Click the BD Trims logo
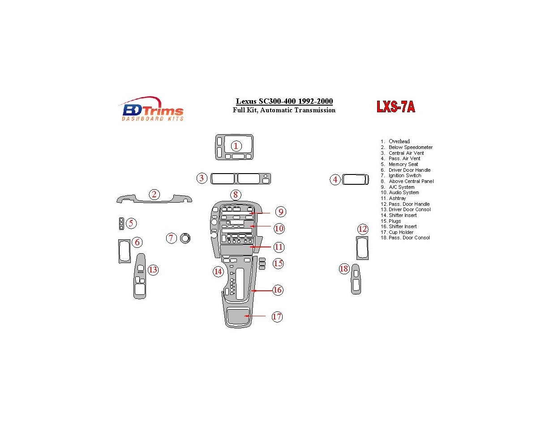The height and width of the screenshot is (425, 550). tap(151, 109)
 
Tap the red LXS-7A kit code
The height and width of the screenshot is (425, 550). tap(395, 107)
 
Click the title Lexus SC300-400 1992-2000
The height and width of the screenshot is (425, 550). tap(284, 102)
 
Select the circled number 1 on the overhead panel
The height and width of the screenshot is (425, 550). tap(236, 146)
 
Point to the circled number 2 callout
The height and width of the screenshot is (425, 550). tap(154, 194)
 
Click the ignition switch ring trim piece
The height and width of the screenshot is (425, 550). tap(185, 238)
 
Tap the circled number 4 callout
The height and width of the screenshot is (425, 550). tap(335, 180)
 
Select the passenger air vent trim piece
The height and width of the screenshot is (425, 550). tap(356, 180)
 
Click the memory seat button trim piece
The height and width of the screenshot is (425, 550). tap(121, 224)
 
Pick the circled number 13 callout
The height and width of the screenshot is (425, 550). tap(153, 270)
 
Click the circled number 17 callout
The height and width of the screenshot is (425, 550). tap(277, 317)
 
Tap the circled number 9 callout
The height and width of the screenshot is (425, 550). tap(280, 212)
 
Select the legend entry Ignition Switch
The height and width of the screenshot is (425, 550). tap(404, 176)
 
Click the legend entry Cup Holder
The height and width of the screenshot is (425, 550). tap(401, 232)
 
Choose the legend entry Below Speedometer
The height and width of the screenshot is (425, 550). tap(410, 147)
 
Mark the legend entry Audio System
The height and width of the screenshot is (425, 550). tap(404, 193)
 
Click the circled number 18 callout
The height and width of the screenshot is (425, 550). tap(344, 269)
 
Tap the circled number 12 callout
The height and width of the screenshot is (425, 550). tap(362, 229)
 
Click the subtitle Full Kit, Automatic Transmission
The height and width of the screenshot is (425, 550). tap(284, 110)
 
